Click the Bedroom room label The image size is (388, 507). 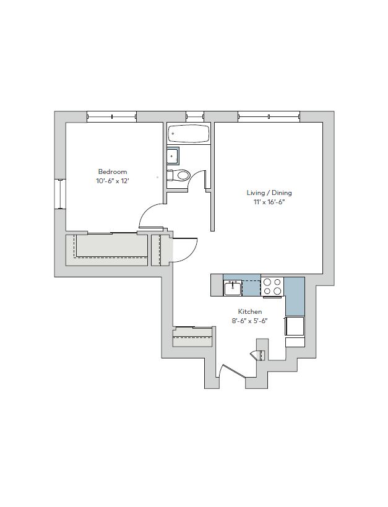tap(113, 171)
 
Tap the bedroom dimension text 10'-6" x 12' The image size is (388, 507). tap(113, 181)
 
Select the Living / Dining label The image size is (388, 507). tap(269, 193)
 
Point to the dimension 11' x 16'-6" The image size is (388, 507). tap(269, 202)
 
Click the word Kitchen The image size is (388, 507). tap(250, 312)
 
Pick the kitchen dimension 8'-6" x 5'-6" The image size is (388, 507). tap(250, 321)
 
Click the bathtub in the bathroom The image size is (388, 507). tap(189, 133)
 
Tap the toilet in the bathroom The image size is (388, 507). tap(178, 175)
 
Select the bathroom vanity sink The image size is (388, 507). tap(173, 156)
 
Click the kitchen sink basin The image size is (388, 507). tap(233, 288)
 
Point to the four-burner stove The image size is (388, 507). tap(272, 287)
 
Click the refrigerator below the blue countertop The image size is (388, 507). tap(295, 326)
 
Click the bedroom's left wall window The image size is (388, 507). tap(60, 194)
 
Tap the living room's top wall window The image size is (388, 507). tap(269, 116)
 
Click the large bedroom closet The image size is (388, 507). tap(106, 249)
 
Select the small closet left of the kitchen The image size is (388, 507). tap(192, 337)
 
